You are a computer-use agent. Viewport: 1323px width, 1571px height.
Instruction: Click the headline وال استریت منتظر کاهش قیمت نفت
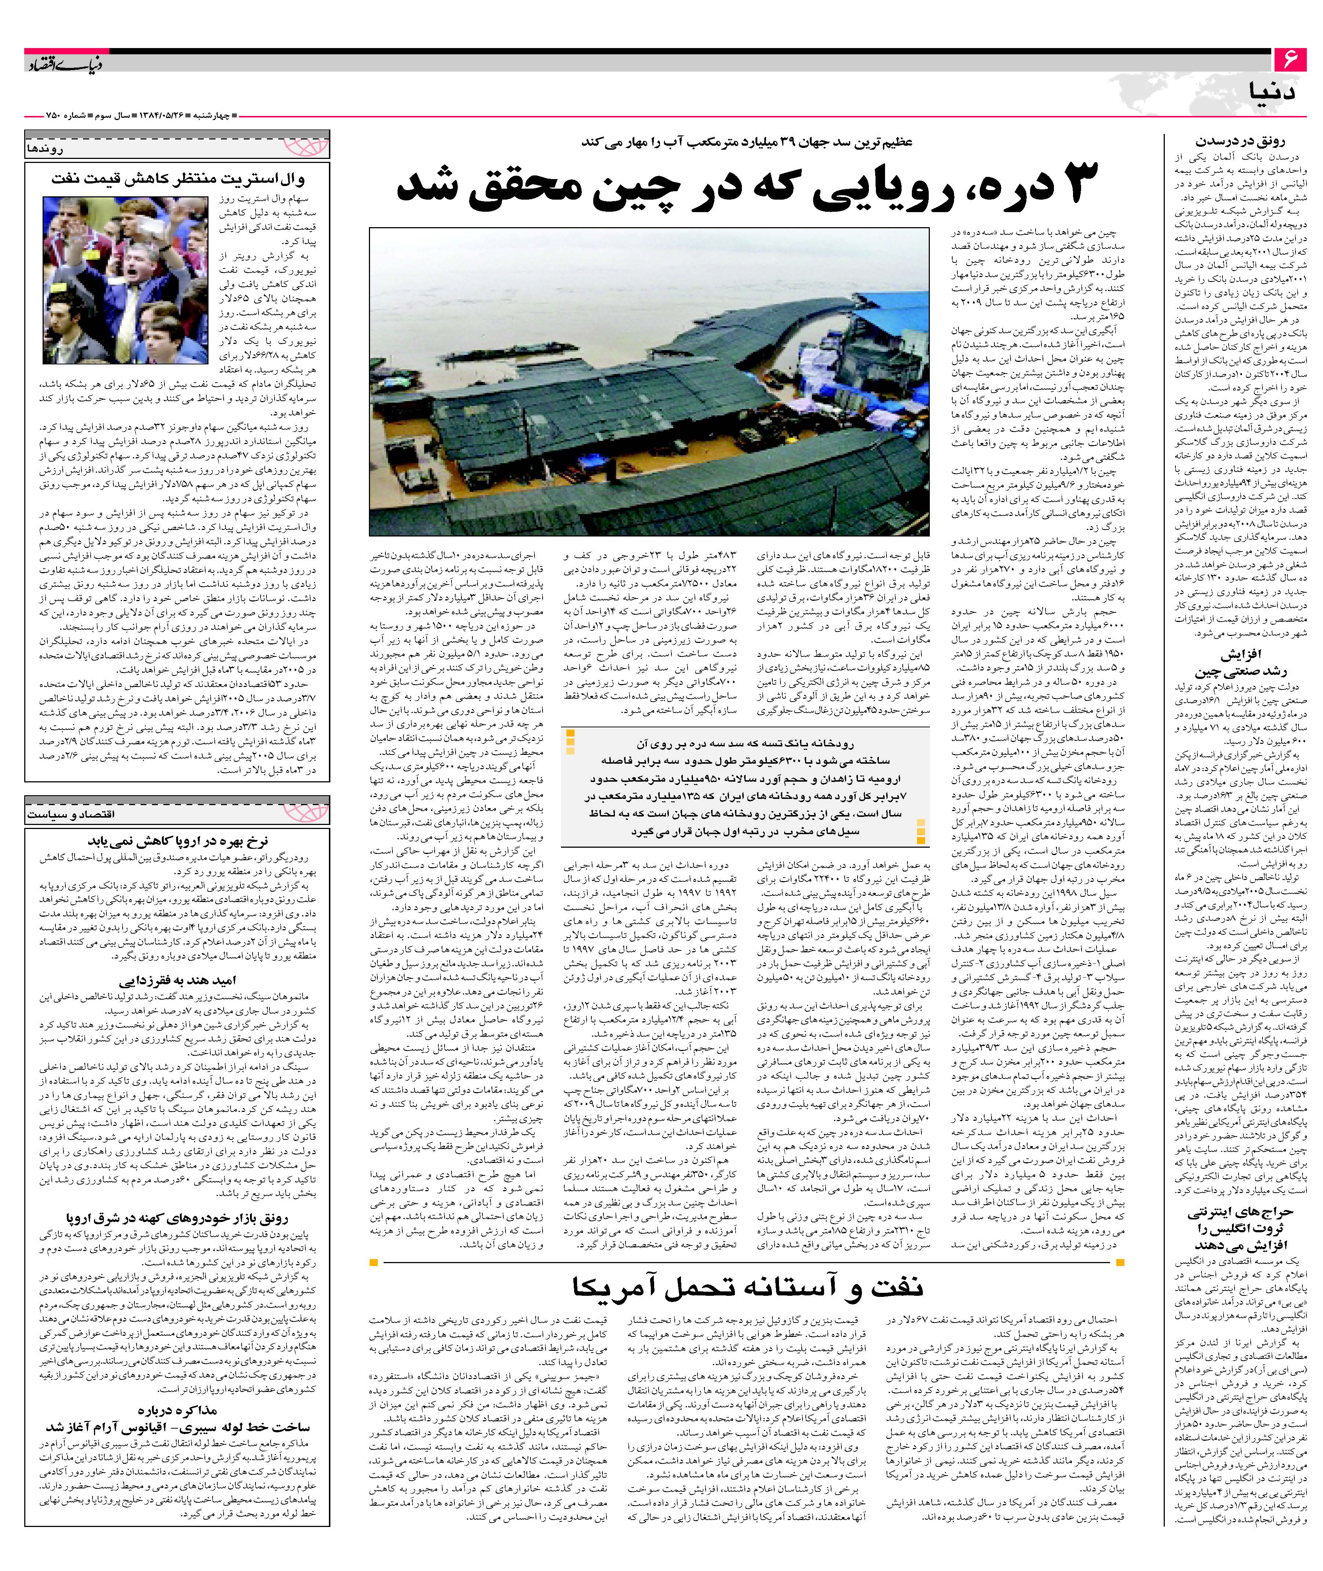coord(178,179)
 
